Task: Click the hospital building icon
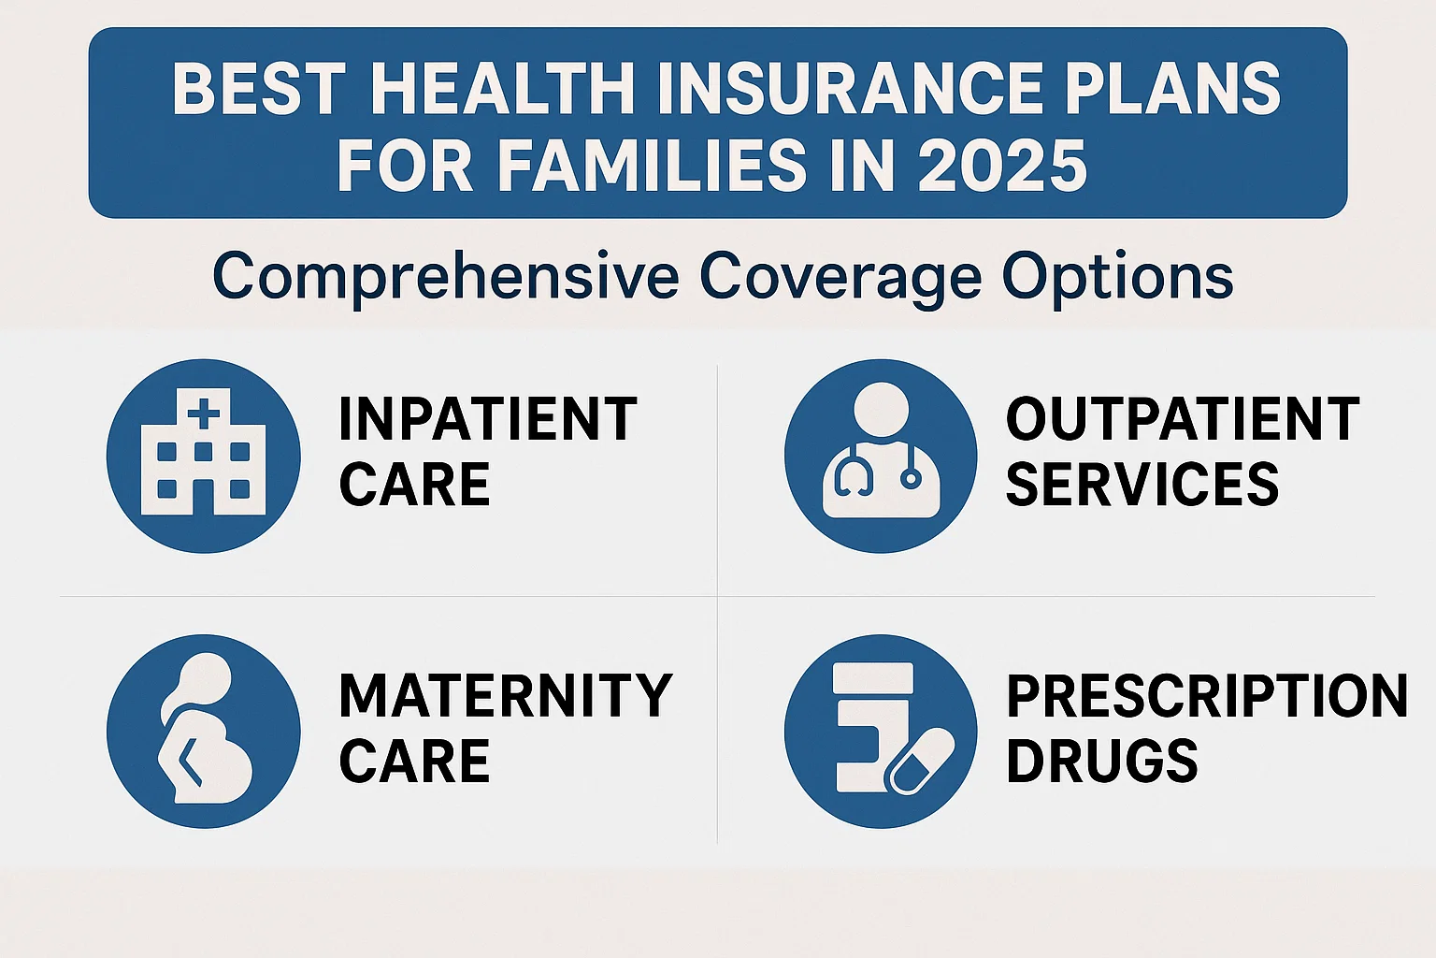coord(203,452)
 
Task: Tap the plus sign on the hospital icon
coord(203,412)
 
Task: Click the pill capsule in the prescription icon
coord(919,761)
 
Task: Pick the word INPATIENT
coord(488,419)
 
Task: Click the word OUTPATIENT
coord(1183,419)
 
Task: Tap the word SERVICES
coord(1143,484)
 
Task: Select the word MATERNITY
coord(505,695)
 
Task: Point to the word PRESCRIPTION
coord(1207,695)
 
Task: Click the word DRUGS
coord(1102,761)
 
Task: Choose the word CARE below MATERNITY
coord(414,761)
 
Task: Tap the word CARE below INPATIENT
coord(414,484)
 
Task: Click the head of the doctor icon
coord(881,411)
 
